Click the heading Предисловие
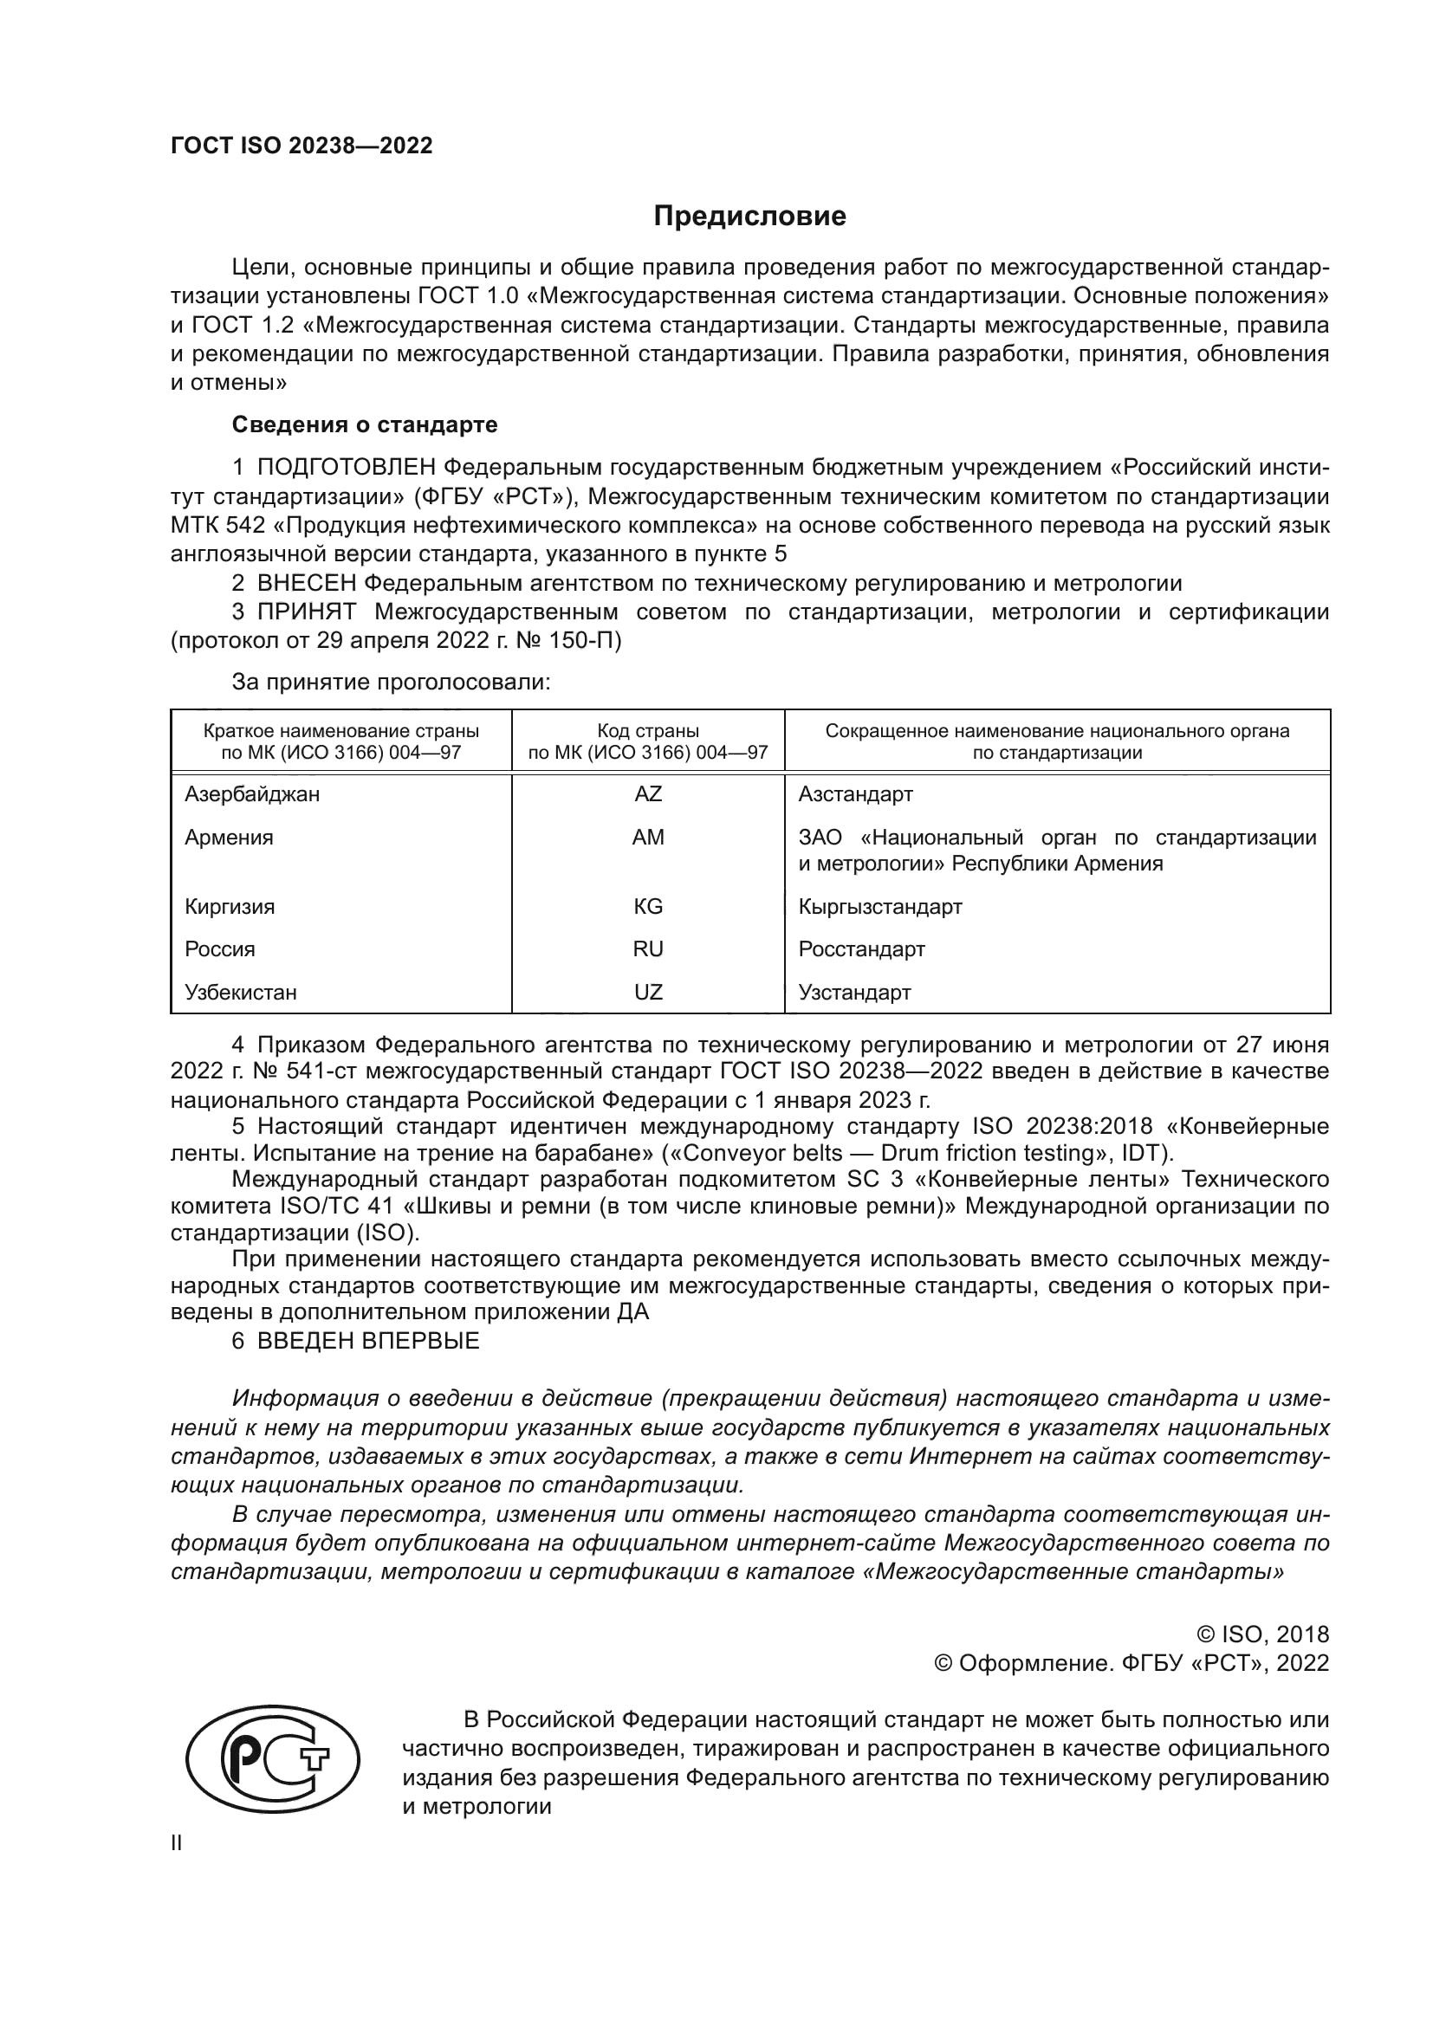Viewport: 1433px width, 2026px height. pos(749,217)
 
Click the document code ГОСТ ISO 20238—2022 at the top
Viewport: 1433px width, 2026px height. pos(302,146)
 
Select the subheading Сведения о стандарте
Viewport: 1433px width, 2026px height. pos(365,424)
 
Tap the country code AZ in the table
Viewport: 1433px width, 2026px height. pos(648,794)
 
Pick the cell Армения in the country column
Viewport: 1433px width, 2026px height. pos(229,838)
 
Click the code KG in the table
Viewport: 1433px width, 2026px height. pos(648,906)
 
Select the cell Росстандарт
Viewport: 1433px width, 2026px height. pos(861,949)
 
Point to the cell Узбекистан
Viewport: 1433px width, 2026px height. pos(240,992)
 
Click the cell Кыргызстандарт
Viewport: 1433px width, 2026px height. pos(879,906)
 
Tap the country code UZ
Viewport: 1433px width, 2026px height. pos(648,992)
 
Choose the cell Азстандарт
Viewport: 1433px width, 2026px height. pos(855,794)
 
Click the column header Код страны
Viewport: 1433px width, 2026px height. pos(648,732)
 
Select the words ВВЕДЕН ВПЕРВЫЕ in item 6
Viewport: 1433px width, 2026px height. pos(368,1341)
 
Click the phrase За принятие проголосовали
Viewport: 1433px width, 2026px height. pos(391,682)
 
